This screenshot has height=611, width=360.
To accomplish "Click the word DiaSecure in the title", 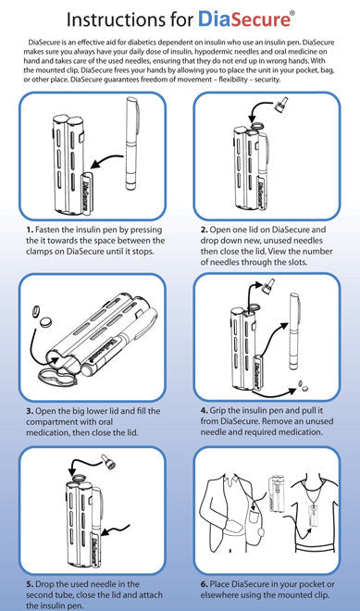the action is [244, 19].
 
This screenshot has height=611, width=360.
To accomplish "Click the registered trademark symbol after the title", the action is [292, 12].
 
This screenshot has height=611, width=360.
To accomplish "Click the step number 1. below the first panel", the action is [30, 230].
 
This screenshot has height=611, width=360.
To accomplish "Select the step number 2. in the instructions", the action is [205, 230].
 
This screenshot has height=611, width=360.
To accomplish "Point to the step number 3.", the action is [30, 411].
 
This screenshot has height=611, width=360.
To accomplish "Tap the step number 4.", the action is [205, 411].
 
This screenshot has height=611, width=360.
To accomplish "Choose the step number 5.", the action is [30, 584].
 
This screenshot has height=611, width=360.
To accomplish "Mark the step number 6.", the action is [205, 584].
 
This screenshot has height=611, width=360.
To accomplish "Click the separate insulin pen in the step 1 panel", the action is [130, 144].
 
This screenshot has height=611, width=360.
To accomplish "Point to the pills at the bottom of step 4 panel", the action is [302, 386].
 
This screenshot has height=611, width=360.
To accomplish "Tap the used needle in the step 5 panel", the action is [107, 462].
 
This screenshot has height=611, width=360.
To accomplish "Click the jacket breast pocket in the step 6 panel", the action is [254, 517].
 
